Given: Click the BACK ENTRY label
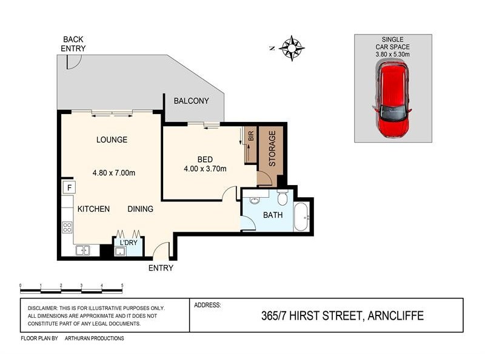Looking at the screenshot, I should click(x=74, y=44).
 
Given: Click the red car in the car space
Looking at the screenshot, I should click(x=393, y=100).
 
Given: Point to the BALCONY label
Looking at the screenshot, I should click(x=191, y=101).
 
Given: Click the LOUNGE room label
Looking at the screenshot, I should click(x=112, y=140).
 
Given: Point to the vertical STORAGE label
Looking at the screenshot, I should click(x=272, y=149).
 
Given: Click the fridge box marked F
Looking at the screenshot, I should click(x=69, y=187).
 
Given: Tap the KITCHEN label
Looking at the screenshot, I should click(x=93, y=209).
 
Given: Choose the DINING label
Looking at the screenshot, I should click(x=140, y=209).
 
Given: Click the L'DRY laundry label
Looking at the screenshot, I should click(x=128, y=243).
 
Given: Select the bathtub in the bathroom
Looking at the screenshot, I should click(x=301, y=217).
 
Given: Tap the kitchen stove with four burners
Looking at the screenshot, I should click(x=67, y=227).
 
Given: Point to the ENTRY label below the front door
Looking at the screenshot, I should click(x=161, y=268).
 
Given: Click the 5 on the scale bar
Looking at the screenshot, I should click(x=122, y=285).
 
